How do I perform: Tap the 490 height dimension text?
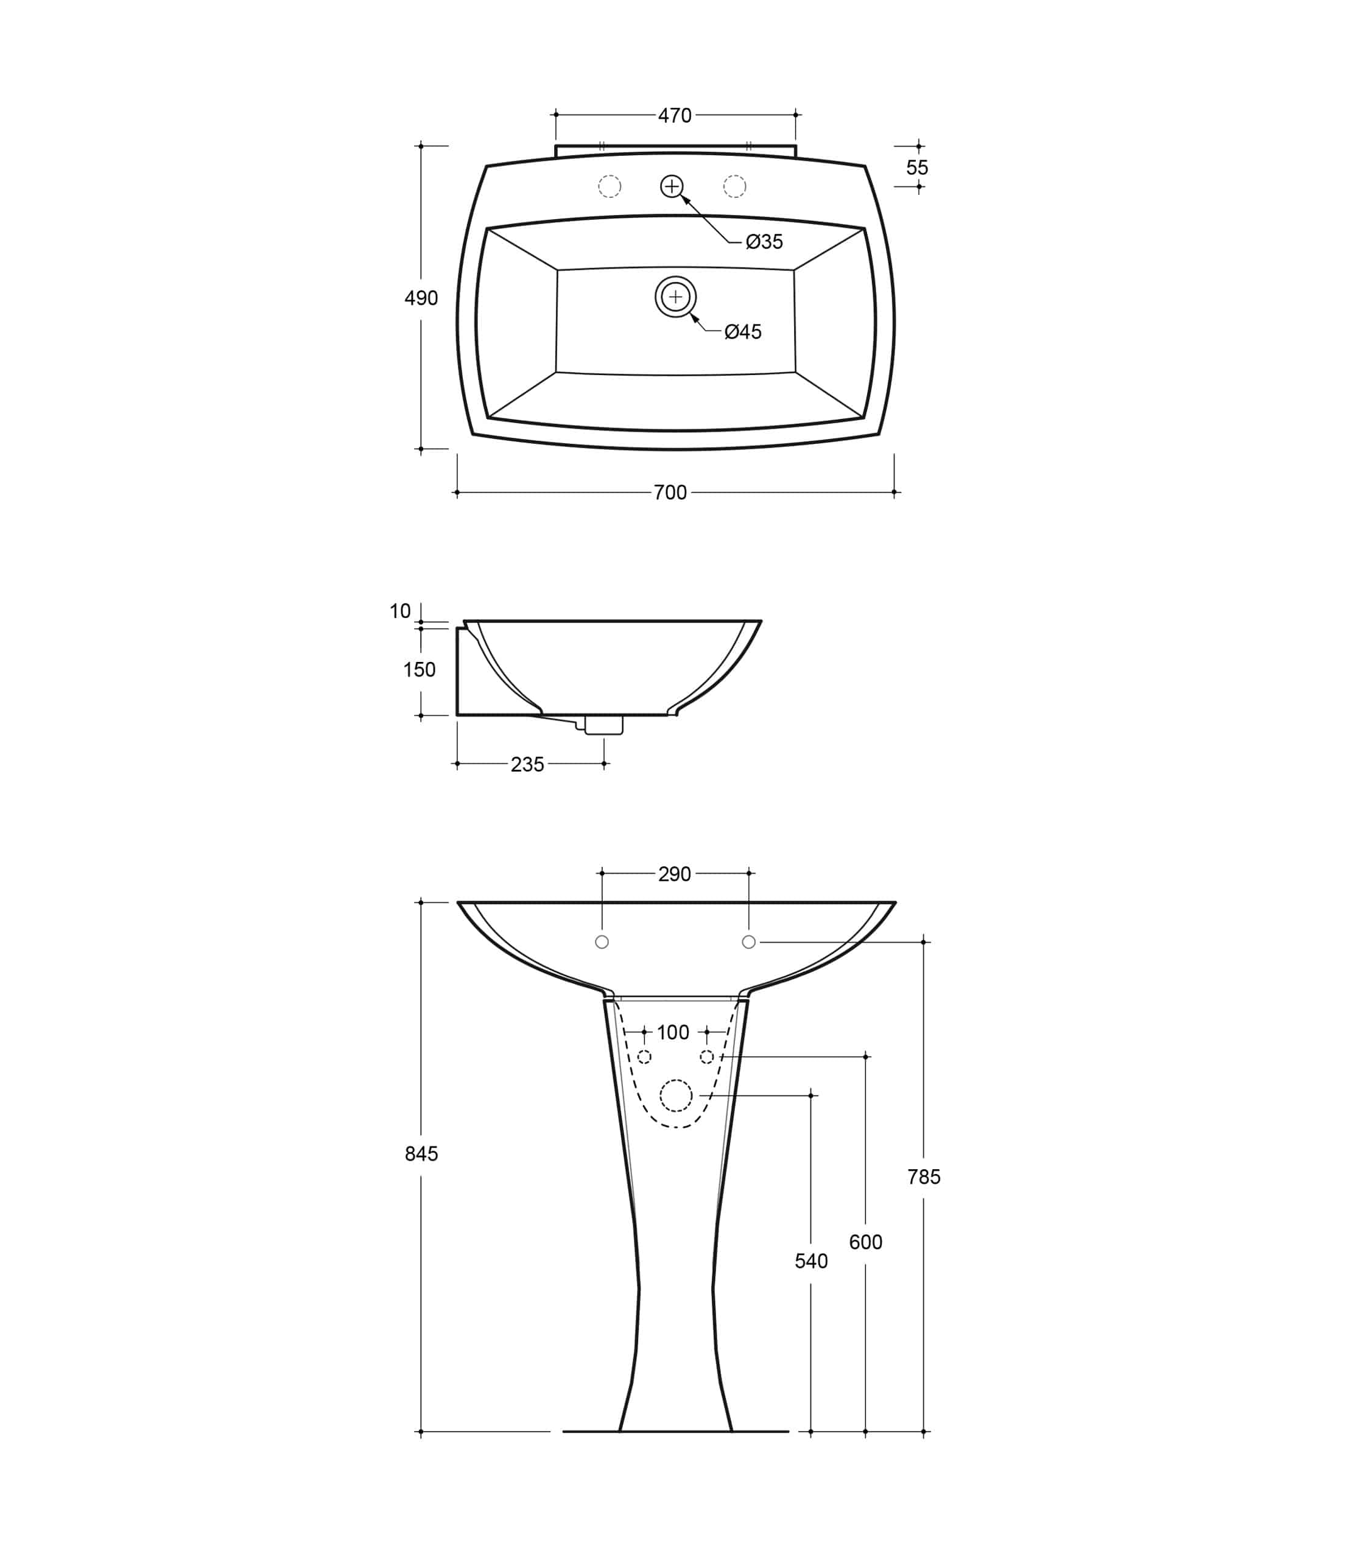[421, 298]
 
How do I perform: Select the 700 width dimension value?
[670, 493]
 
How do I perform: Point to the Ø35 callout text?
[764, 242]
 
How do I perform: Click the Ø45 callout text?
[743, 331]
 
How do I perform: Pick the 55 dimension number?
[918, 167]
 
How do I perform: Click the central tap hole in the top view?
[672, 186]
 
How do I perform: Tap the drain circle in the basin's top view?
[676, 297]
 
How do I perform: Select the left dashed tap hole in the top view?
[610, 186]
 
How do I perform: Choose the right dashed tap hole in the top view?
[734, 186]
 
